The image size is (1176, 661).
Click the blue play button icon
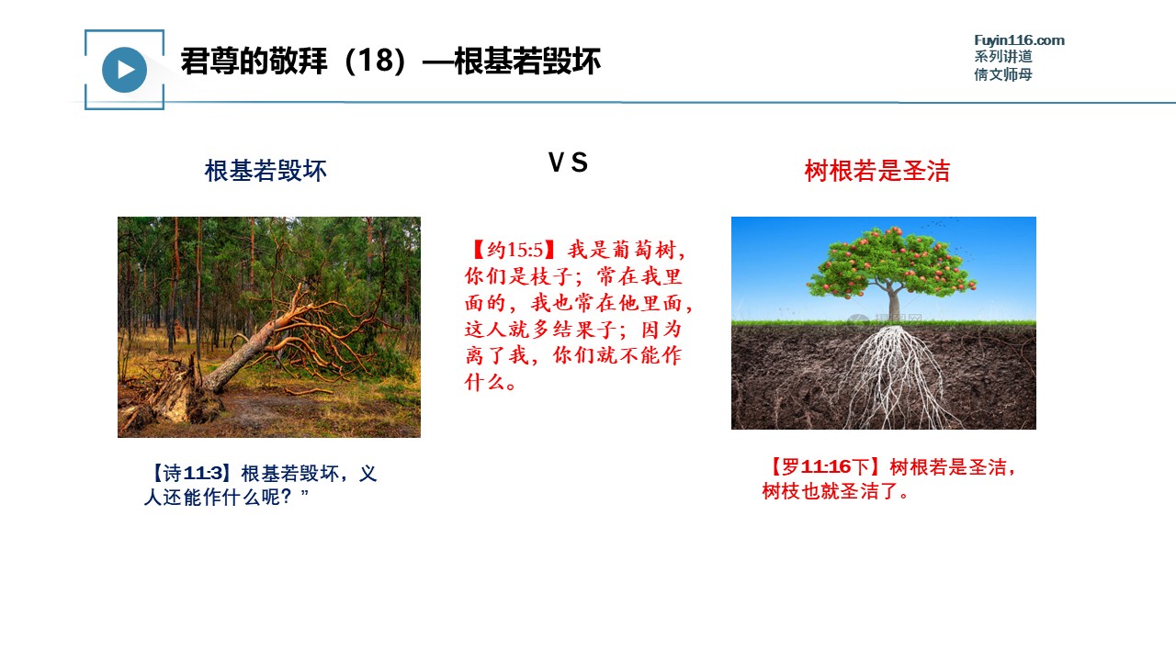click(124, 70)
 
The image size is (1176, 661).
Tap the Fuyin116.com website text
click(1019, 40)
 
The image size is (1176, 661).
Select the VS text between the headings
click(568, 162)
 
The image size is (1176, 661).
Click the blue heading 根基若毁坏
click(266, 171)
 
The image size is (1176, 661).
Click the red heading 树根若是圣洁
click(877, 171)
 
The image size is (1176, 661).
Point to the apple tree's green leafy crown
click(891, 263)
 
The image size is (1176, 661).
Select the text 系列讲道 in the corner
click(1003, 57)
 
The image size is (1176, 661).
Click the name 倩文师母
click(1003, 74)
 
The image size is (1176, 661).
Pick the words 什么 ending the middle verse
click(484, 382)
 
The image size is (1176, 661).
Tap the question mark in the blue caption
click(286, 498)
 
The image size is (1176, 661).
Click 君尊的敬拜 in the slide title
click(254, 61)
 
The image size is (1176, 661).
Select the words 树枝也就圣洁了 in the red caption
click(830, 491)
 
